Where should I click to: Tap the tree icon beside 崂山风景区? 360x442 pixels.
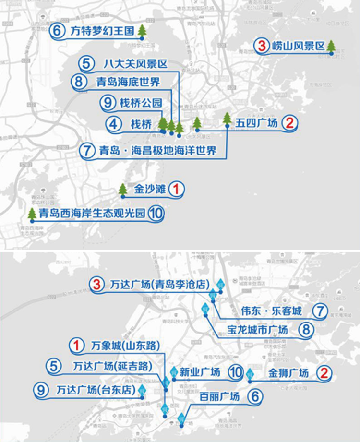point(331,46)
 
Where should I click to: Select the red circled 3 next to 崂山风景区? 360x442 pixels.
point(262,47)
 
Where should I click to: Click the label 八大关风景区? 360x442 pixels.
point(135,63)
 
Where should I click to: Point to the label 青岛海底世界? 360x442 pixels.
point(128,82)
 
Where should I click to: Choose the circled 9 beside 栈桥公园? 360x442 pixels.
point(108,103)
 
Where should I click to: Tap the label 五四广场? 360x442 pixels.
point(256,123)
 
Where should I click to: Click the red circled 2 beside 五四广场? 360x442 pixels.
point(289,123)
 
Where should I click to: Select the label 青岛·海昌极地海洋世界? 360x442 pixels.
point(158,150)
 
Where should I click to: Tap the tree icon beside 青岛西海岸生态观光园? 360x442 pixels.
point(32,214)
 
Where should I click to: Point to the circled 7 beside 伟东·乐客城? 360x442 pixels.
point(319,311)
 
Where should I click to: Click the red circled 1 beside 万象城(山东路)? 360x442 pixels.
point(75,345)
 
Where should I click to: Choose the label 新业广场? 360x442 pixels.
point(199,372)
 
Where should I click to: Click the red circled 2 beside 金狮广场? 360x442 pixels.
point(325,372)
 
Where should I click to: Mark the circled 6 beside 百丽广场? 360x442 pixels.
point(255,396)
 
